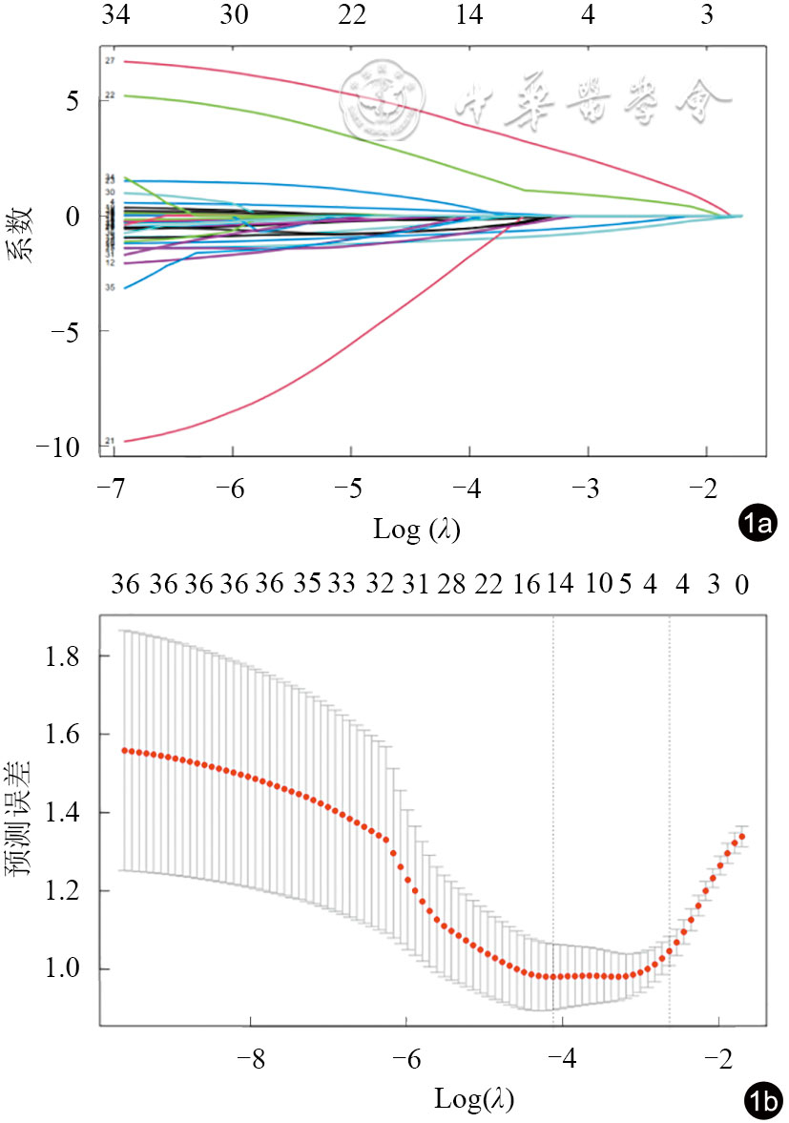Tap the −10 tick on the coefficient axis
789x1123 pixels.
tap(66, 447)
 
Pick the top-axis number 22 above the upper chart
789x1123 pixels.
tap(351, 16)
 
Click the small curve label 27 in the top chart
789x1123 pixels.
tap(111, 61)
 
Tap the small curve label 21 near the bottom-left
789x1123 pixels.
tap(111, 441)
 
